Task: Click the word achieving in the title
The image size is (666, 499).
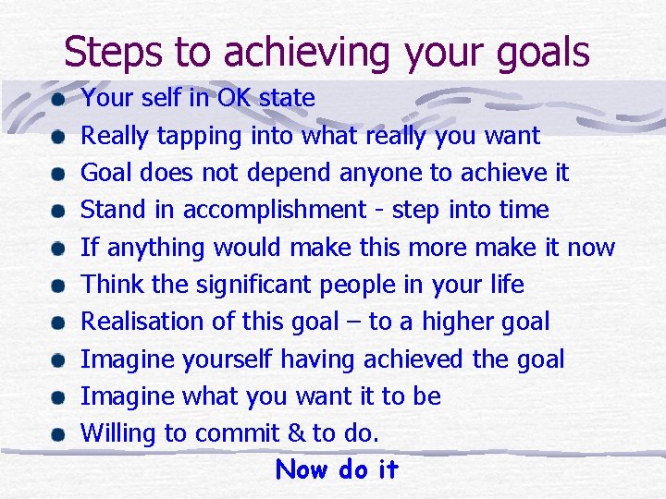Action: pos(282,53)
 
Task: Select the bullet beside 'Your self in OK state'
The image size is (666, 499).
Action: pos(58,99)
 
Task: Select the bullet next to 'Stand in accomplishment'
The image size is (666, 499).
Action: pos(58,211)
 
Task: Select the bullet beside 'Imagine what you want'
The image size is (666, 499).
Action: pos(58,397)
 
